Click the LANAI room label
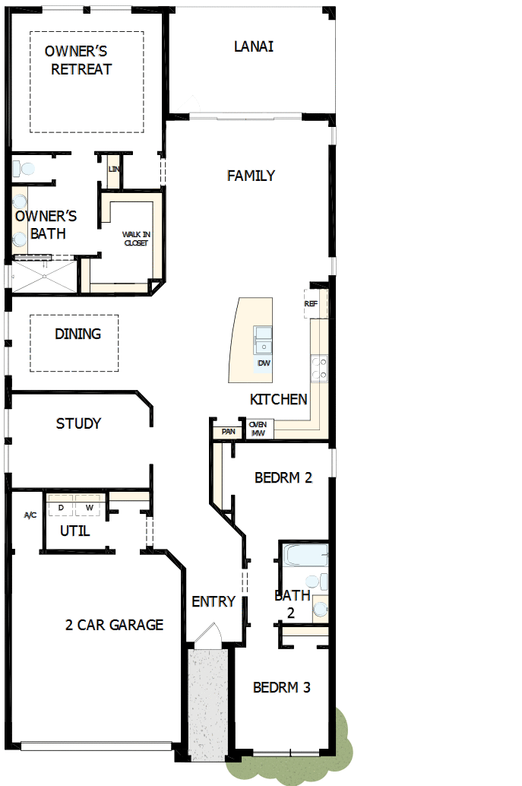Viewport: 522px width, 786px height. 254,46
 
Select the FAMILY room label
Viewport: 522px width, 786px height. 251,176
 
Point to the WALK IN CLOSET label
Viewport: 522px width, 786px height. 136,239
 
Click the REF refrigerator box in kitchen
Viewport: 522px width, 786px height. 312,303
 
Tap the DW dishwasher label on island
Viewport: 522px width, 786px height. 264,363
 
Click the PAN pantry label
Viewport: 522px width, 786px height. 228,432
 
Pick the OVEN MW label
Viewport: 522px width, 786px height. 257,429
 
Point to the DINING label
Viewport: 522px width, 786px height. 78,334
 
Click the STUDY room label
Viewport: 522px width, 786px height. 78,423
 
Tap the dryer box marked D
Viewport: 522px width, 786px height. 60,507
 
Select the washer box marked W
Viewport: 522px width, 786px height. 89,507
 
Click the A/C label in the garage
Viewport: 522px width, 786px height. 30,515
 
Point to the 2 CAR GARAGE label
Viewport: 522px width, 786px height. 114,625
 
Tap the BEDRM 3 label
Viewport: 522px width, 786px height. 281,687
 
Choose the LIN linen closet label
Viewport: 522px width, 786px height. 114,169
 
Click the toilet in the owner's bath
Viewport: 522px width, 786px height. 24,168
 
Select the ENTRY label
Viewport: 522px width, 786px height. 214,601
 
